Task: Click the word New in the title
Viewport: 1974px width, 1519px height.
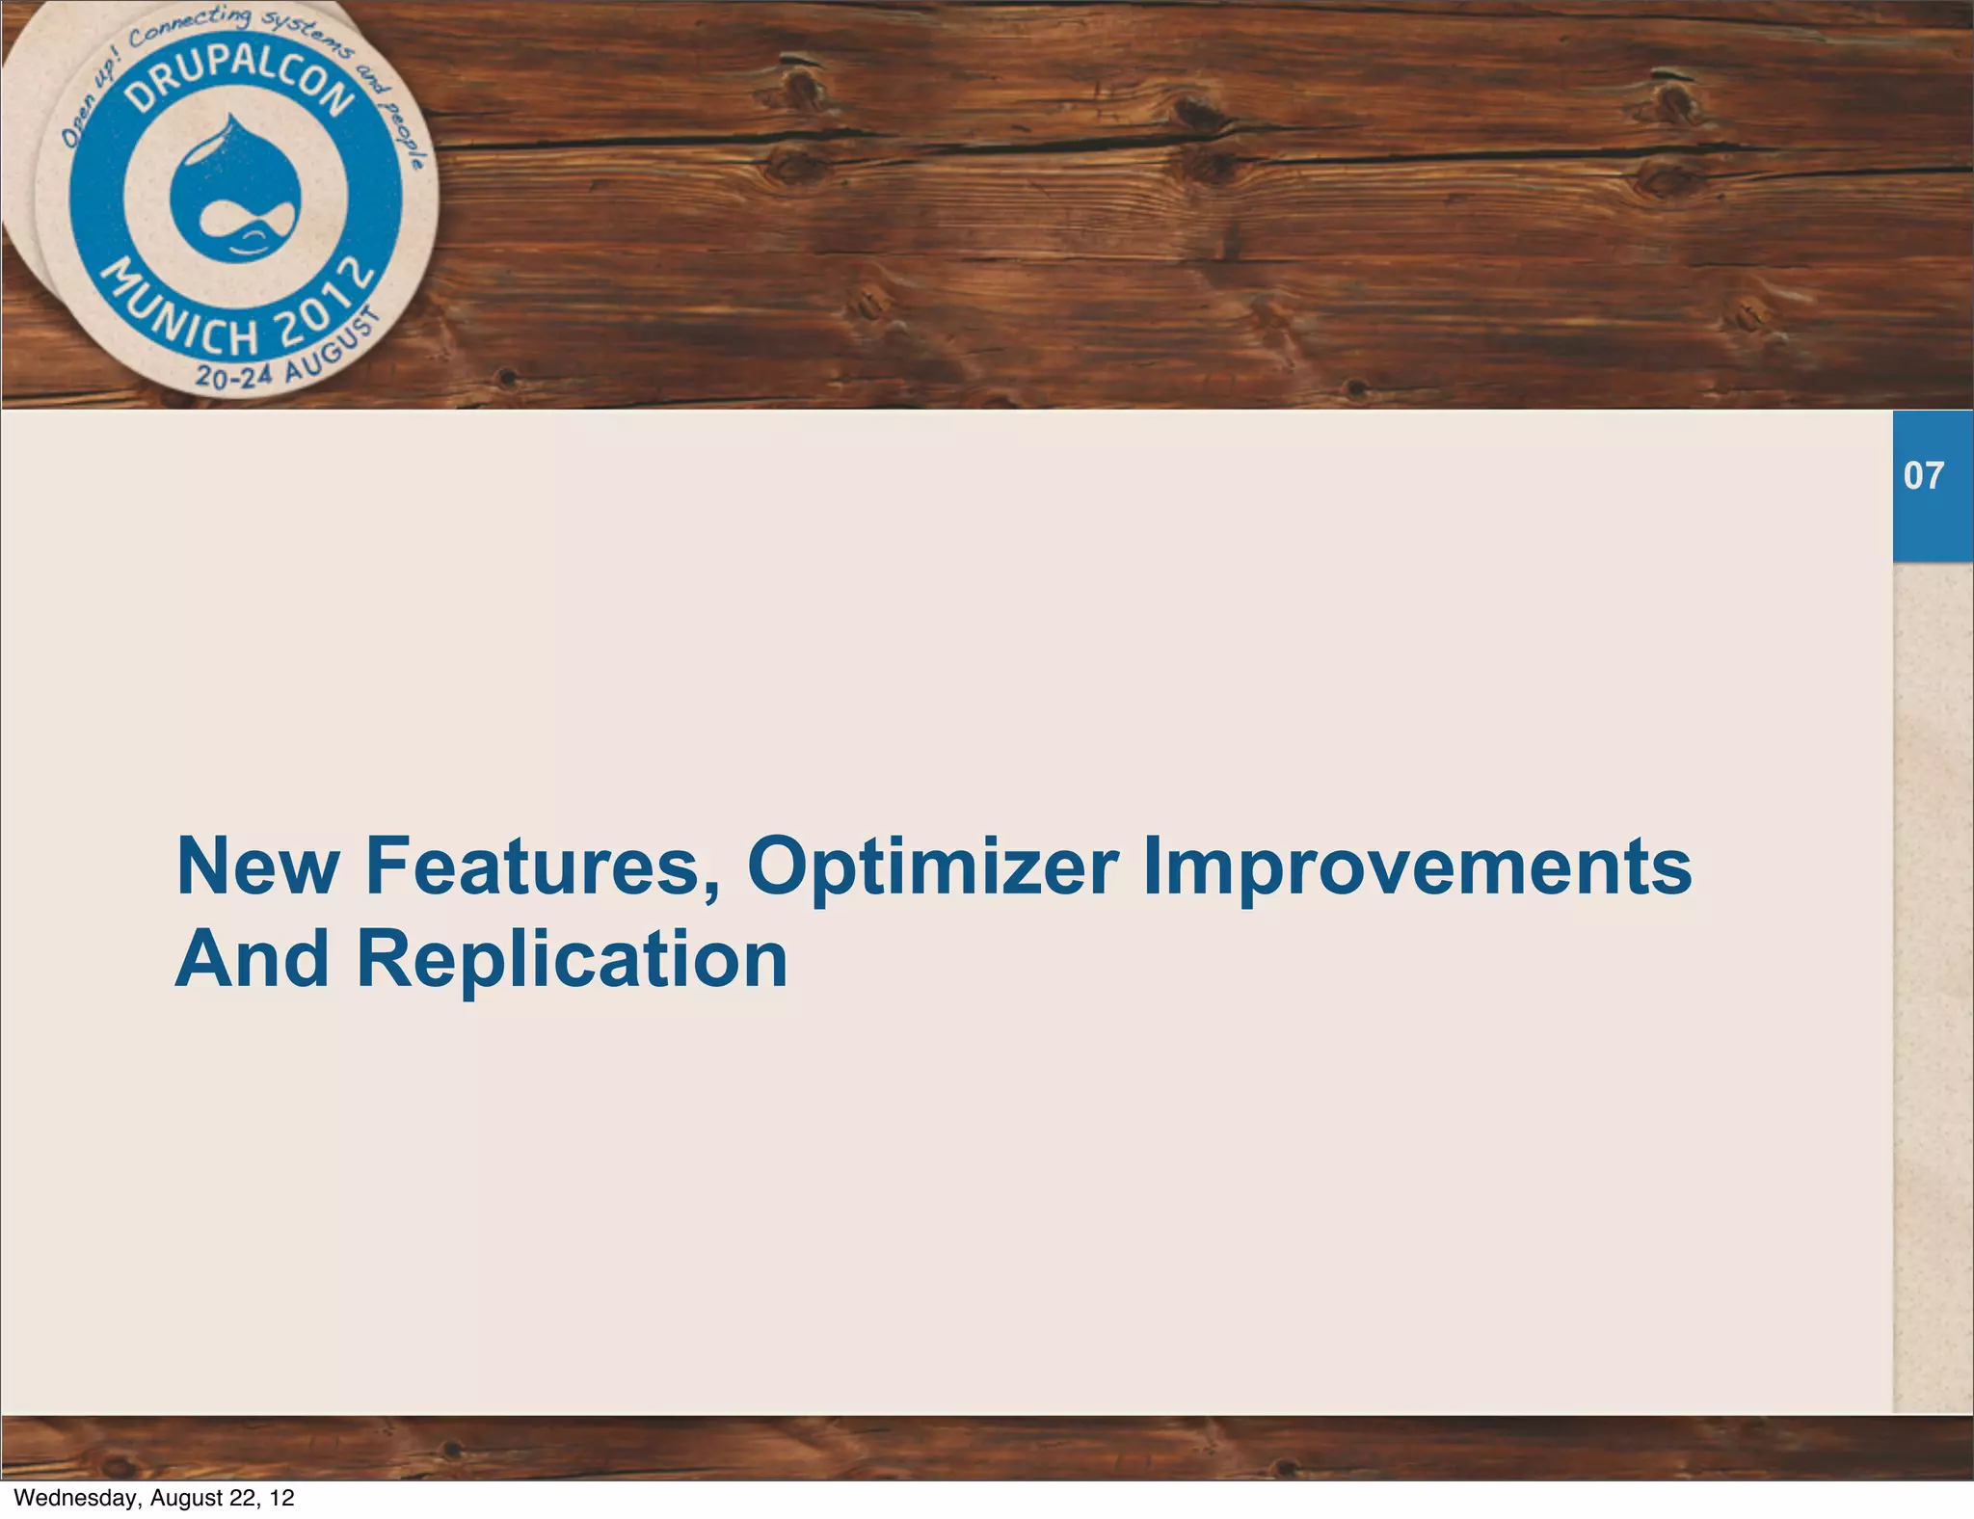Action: click(256, 866)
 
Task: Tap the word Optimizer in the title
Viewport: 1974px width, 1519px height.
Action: click(932, 866)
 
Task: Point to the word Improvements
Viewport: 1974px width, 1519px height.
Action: click(1416, 866)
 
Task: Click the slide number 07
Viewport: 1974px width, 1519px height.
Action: click(1924, 476)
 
